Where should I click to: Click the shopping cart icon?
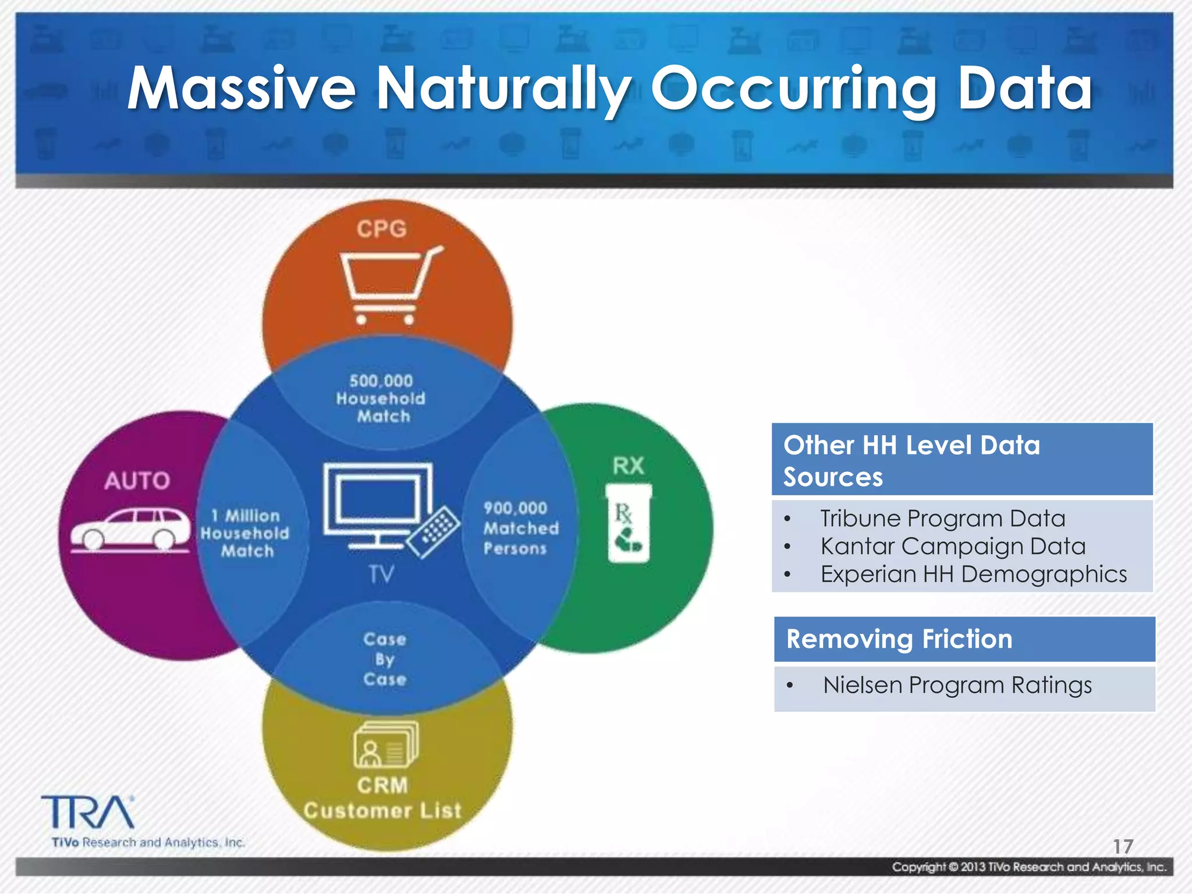click(x=389, y=286)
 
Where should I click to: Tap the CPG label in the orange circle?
click(x=382, y=229)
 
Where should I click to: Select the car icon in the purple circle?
click(x=131, y=530)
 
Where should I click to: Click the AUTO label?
click(x=137, y=481)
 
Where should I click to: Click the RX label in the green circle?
click(x=629, y=466)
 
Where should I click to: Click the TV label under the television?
click(x=381, y=574)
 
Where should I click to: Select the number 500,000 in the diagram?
click(x=381, y=381)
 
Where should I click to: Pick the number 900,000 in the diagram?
click(x=516, y=508)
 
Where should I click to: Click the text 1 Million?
click(x=246, y=516)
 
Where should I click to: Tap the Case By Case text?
click(x=384, y=659)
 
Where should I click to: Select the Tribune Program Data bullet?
click(x=942, y=518)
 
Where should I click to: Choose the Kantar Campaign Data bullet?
click(x=953, y=546)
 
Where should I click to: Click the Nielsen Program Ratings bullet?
click(x=957, y=685)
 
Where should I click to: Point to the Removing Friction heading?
click(x=899, y=639)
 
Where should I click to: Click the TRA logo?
click(x=87, y=813)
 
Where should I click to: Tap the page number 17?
click(x=1123, y=846)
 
